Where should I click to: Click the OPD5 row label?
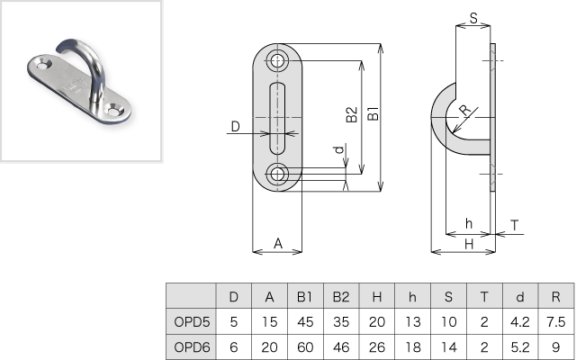pyautogui.click(x=192, y=320)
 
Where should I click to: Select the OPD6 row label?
pyautogui.click(x=192, y=346)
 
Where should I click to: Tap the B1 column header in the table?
pyautogui.click(x=304, y=295)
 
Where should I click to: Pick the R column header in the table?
pyautogui.click(x=555, y=295)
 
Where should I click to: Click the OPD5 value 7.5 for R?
pyautogui.click(x=555, y=320)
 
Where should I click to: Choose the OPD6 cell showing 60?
pyautogui.click(x=304, y=346)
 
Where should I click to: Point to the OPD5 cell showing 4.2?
pyautogui.click(x=520, y=320)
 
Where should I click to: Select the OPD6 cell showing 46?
pyautogui.click(x=341, y=346)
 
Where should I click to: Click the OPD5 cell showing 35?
pyautogui.click(x=341, y=320)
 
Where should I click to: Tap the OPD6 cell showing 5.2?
pyautogui.click(x=520, y=346)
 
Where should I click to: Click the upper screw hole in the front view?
pyautogui.click(x=277, y=61)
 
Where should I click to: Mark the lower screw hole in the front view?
pyautogui.click(x=277, y=173)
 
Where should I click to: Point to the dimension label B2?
pyautogui.click(x=352, y=116)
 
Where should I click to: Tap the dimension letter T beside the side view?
pyautogui.click(x=514, y=225)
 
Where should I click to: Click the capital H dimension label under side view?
pyautogui.click(x=468, y=243)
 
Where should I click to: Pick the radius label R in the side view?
pyautogui.click(x=463, y=111)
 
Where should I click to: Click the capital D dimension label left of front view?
pyautogui.click(x=235, y=127)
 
